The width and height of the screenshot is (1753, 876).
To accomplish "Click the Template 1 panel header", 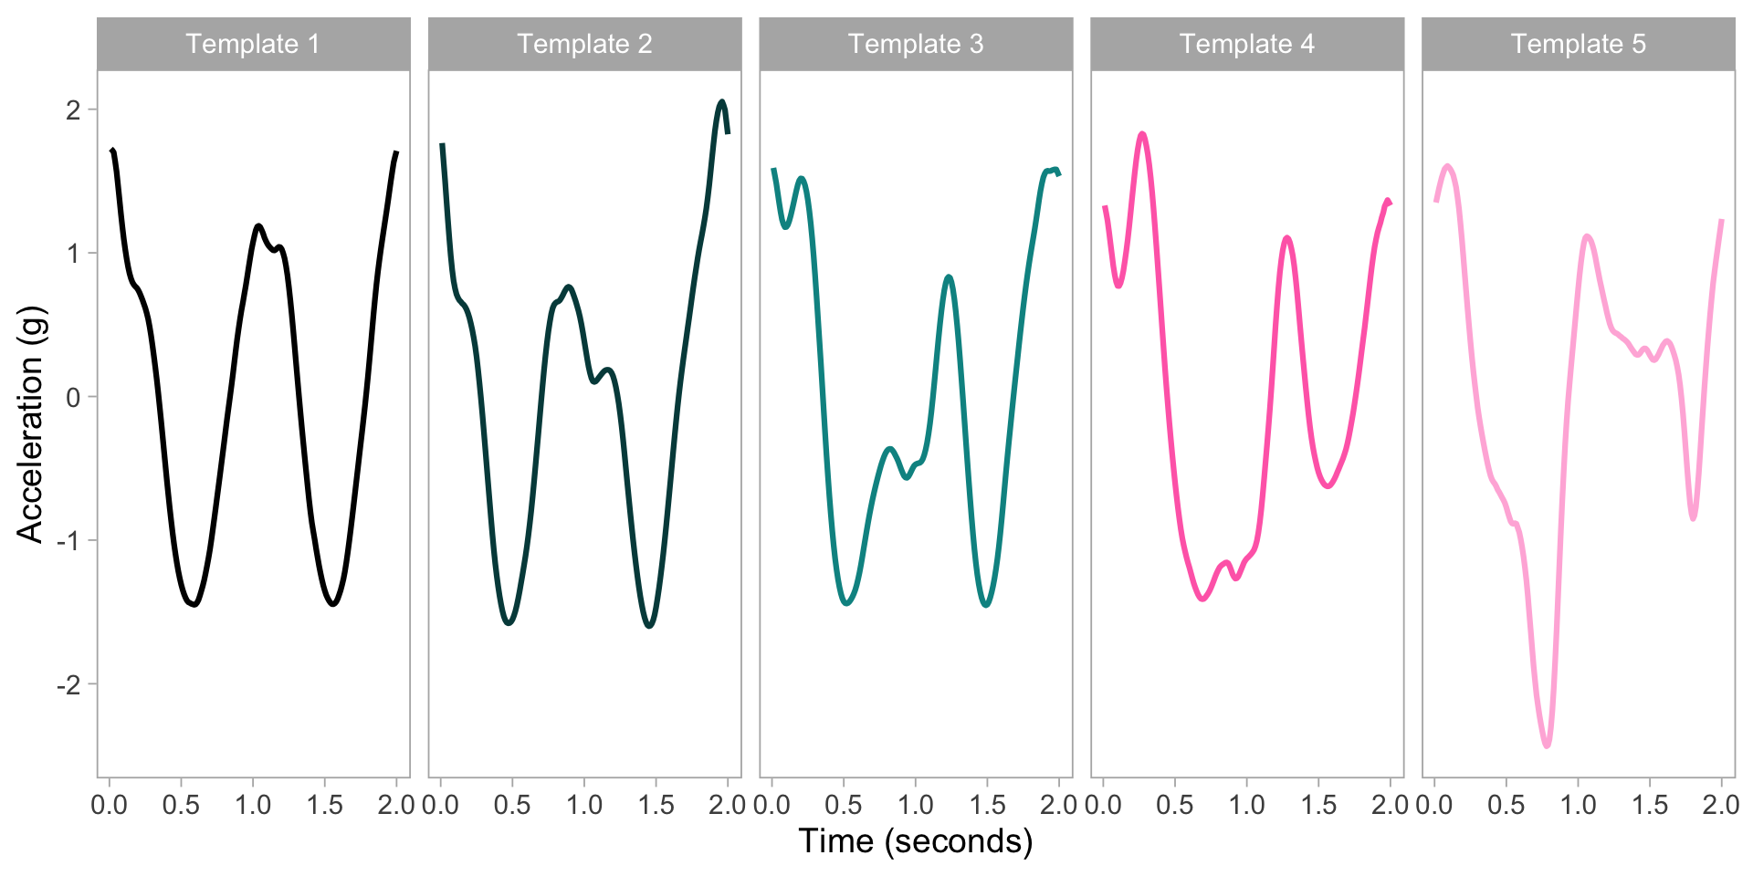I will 253,44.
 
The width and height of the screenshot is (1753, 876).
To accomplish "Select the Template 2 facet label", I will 584,44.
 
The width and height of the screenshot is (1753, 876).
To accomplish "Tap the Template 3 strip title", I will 916,44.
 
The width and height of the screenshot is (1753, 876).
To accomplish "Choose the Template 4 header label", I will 1247,44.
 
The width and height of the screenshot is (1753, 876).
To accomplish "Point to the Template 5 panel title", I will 1579,44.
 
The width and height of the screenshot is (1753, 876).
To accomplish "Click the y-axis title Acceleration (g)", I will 30,424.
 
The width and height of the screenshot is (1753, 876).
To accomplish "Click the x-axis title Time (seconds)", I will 916,840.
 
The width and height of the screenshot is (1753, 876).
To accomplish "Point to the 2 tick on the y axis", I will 73,109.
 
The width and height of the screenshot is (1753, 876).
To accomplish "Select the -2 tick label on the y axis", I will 68,684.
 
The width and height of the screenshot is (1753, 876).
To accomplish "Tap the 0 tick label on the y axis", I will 73,397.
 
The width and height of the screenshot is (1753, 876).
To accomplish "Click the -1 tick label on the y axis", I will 68,540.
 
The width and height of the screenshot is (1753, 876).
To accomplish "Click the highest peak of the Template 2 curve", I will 721,101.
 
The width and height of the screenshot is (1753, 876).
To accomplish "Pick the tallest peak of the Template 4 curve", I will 1142,134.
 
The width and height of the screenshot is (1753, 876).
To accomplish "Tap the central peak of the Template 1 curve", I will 259,225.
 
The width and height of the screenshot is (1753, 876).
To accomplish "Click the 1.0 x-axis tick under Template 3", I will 916,805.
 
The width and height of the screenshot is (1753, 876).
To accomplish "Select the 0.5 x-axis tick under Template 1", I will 181,805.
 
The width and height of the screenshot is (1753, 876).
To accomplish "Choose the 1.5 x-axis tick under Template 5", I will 1650,805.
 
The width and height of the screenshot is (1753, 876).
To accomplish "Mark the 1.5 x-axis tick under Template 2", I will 656,805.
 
